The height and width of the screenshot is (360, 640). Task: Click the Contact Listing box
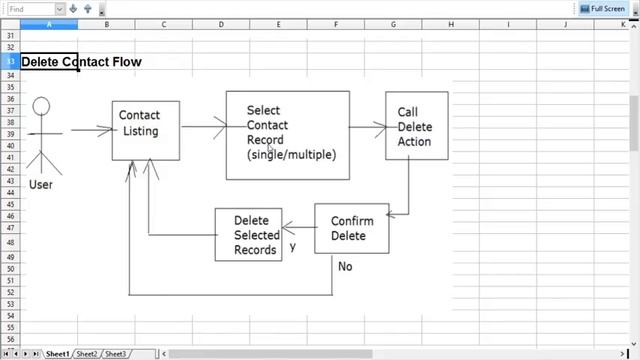click(x=145, y=130)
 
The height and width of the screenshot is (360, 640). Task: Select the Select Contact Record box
click(x=287, y=134)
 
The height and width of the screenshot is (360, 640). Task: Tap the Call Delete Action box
click(x=416, y=126)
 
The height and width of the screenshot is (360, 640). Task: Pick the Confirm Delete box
click(x=351, y=228)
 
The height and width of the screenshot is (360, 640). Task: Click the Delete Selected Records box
click(x=248, y=234)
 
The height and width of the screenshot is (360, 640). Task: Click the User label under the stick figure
click(x=41, y=185)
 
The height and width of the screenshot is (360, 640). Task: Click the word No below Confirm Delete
click(x=345, y=266)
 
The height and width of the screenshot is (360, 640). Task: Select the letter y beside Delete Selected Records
click(x=292, y=246)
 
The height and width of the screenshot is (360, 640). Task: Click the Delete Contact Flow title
click(x=81, y=62)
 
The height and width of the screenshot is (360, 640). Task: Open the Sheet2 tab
click(x=87, y=354)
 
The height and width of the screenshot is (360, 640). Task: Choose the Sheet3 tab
click(x=116, y=354)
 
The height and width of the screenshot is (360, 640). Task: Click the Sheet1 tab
click(x=57, y=354)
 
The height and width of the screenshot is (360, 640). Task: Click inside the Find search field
click(x=30, y=9)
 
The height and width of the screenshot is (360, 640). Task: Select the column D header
click(x=221, y=24)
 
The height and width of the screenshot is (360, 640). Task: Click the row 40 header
click(x=10, y=145)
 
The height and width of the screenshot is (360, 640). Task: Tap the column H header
click(x=450, y=24)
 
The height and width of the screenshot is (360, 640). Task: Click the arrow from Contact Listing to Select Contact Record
click(x=203, y=126)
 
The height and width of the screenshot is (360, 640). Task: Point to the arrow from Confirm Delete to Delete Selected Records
click(x=298, y=226)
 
